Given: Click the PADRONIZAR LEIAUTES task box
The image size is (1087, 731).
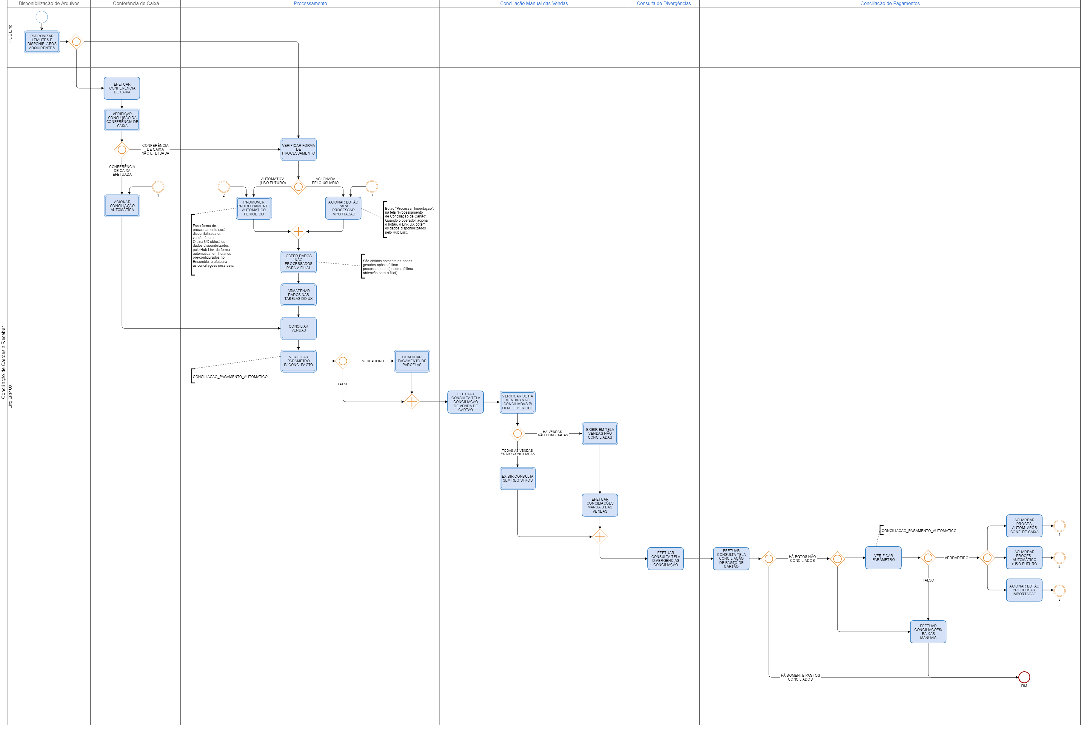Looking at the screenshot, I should [x=42, y=42].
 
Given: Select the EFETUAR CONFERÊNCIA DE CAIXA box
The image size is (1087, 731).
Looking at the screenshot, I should [x=122, y=88].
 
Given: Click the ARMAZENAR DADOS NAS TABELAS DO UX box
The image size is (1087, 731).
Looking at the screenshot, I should [x=298, y=295].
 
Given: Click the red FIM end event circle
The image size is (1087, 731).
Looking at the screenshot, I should [x=1024, y=677].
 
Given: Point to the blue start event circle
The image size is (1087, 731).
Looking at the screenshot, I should [x=42, y=17].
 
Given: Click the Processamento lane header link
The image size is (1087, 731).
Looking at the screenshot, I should [x=310, y=4].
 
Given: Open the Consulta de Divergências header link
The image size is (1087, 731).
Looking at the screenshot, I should [x=663, y=4].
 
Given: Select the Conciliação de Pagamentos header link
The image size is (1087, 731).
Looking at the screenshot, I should [x=890, y=4].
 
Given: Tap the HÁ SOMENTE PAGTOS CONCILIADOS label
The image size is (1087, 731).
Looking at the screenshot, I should [x=800, y=677].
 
